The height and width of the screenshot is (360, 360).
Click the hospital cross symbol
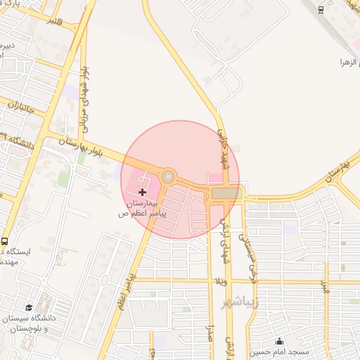(143, 191)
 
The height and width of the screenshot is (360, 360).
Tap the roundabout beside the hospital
(168, 176)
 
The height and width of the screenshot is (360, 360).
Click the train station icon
(321, 9)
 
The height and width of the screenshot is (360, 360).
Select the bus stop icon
(5, 241)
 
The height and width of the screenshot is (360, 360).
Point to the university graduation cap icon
(30, 308)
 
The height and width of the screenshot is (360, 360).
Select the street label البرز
(326, 288)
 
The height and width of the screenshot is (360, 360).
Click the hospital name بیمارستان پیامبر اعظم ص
(143, 205)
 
